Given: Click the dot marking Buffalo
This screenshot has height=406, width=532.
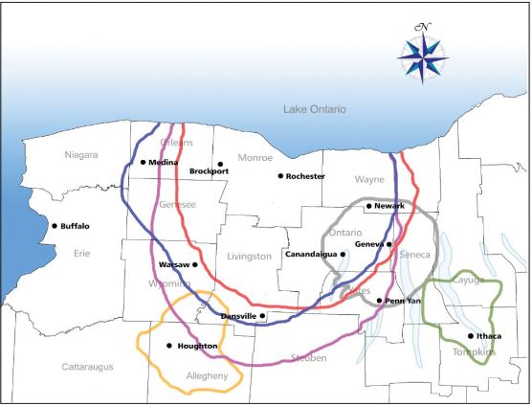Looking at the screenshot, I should [55, 226].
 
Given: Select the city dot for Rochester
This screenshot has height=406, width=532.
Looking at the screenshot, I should [281, 176].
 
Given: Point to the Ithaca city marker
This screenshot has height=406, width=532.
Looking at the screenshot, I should [471, 336].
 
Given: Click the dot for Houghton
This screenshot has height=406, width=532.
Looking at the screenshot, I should [169, 346].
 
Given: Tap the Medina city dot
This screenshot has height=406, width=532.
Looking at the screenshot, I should [143, 163].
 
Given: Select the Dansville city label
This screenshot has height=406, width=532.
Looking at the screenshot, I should [238, 316].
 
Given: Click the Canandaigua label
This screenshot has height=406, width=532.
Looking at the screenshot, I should [311, 255].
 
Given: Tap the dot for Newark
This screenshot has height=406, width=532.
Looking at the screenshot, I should [368, 206].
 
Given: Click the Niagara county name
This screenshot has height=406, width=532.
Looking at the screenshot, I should [81, 155].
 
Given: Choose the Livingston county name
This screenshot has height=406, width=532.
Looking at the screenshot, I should [250, 257].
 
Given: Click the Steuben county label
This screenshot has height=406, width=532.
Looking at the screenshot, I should [307, 358].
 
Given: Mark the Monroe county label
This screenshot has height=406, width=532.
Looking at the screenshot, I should [255, 158].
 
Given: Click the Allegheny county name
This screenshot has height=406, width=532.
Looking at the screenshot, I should [207, 376].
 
